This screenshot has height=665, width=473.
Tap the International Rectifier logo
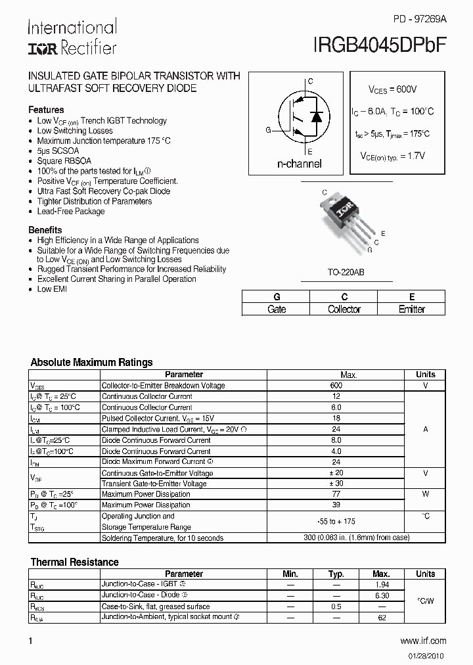[x=72, y=37]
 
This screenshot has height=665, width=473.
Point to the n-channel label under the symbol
[x=299, y=164]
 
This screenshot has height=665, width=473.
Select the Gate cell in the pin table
[x=277, y=310]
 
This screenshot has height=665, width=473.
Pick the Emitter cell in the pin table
[x=412, y=310]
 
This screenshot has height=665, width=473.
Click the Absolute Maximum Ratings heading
[x=91, y=362]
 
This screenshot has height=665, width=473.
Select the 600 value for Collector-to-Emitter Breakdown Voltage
[x=336, y=386]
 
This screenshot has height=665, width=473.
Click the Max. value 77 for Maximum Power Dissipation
[x=336, y=494]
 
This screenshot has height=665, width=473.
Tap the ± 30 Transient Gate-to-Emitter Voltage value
[x=336, y=484]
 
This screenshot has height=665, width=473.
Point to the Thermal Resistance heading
[x=75, y=562]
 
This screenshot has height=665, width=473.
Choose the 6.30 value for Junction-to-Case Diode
[x=381, y=595]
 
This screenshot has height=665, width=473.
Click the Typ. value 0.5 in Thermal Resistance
[x=336, y=607]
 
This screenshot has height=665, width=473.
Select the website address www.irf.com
[x=422, y=641]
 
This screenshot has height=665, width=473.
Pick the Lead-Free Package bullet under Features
[x=71, y=212]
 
